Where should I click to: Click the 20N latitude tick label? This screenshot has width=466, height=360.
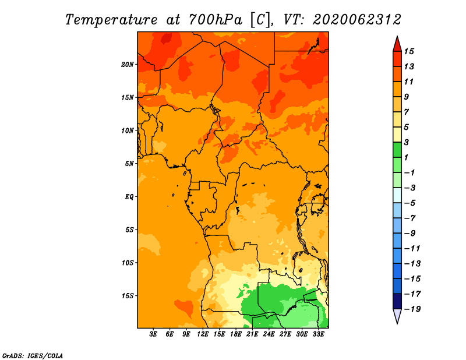pos(127,65)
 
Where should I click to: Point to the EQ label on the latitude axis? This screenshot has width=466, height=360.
pos(129,197)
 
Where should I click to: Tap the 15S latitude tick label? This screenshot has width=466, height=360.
pos(127,296)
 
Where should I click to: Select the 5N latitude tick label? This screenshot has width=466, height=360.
pos(129,164)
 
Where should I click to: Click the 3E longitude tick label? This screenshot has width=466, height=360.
pos(153,334)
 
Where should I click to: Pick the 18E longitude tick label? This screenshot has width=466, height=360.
pos(236,334)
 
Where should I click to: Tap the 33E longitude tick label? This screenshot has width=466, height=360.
pos(318,334)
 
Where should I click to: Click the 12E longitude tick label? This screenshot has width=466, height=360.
pos(203,334)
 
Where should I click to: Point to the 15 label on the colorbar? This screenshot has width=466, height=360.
pos(409,51)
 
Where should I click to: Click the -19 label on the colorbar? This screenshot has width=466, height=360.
pos(412,309)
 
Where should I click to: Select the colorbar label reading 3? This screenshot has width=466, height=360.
pos(407,142)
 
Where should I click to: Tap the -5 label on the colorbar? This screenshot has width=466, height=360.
pos(409,203)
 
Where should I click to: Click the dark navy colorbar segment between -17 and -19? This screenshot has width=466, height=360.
pos(397,301)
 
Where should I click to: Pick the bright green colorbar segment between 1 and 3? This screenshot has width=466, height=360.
pos(397,150)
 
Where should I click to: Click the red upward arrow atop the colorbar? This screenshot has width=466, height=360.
pos(397,44)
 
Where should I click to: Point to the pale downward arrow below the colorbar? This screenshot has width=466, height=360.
pos(397,316)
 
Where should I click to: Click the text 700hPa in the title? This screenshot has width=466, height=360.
pos(216,20)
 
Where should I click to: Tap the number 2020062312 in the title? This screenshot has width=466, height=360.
pos(357,20)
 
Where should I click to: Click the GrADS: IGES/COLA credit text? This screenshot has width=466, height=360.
pos(33,356)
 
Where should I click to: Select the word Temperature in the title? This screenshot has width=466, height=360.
pos(111,20)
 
